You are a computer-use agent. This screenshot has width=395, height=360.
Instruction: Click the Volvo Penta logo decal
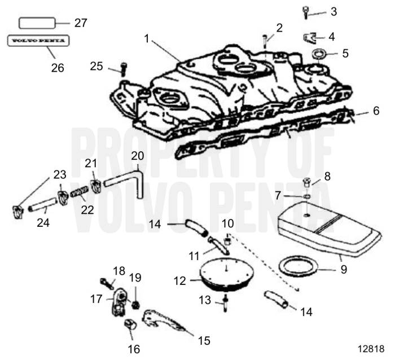[x=37, y=41]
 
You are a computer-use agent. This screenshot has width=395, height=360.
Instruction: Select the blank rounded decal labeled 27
[x=38, y=23]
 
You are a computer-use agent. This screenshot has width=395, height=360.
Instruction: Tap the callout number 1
[x=148, y=39]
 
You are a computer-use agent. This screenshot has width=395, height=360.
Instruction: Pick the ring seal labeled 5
[x=319, y=55]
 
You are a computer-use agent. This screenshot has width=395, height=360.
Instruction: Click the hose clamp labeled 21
[x=95, y=184]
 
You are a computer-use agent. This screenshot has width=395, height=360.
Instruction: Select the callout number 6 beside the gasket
[x=376, y=112]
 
